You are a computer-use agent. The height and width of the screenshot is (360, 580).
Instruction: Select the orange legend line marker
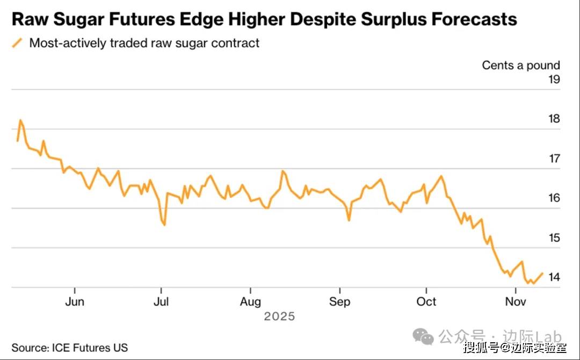coord(18,43)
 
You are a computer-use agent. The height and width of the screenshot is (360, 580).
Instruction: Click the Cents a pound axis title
coord(520,65)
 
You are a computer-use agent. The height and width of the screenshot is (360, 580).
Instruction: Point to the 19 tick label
coord(553,80)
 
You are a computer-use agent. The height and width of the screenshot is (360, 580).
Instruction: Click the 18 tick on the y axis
coord(553,119)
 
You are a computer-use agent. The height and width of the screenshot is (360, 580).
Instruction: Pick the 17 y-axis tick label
coord(553,159)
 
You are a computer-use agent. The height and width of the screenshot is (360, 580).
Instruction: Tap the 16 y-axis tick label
coord(553,198)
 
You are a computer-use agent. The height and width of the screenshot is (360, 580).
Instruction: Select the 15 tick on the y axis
coord(553,237)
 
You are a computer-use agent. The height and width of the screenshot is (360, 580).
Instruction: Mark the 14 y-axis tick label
coord(553,277)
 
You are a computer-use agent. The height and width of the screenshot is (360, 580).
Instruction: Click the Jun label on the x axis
coord(74,301)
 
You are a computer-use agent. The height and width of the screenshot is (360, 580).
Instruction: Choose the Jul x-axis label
coord(161,301)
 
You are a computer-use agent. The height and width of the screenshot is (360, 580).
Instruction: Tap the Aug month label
coord(250,301)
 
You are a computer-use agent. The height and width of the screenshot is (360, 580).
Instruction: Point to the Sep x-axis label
coord(339,301)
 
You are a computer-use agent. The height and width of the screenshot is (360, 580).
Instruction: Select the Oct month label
coord(426,301)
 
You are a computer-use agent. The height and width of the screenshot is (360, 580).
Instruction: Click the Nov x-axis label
coord(515,301)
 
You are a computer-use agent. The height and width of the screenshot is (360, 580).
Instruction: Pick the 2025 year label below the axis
coord(279,316)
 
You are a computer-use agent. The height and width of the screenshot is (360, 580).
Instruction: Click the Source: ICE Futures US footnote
coord(70,348)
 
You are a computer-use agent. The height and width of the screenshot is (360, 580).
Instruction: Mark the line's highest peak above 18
coord(20,120)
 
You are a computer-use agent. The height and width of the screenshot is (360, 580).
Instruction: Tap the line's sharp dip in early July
coord(164,224)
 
